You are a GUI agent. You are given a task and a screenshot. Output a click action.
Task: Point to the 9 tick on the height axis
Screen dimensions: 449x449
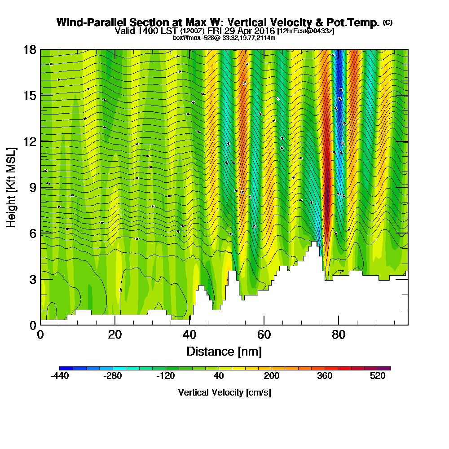pyautogui.click(x=40, y=187)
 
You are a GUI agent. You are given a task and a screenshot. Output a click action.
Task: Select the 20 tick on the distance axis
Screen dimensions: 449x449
pyautogui.click(x=115, y=325)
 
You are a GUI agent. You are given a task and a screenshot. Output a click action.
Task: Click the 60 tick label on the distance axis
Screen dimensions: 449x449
pyautogui.click(x=264, y=335)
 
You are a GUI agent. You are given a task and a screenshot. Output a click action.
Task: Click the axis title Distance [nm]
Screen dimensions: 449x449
pyautogui.click(x=224, y=351)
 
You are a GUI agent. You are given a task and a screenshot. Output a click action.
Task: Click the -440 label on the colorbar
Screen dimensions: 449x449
pyautogui.click(x=59, y=376)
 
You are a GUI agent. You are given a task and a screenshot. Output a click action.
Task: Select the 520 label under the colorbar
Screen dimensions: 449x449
pyautogui.click(x=378, y=376)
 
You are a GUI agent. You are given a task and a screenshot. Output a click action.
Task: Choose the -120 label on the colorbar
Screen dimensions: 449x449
pyautogui.click(x=165, y=376)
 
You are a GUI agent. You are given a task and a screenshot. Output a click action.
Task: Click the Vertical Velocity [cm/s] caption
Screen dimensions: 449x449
pyautogui.click(x=224, y=392)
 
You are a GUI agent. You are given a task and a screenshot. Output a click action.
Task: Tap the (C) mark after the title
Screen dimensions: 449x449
pyautogui.click(x=387, y=22)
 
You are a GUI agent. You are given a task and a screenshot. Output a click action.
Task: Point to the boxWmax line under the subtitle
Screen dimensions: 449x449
pyautogui.click(x=224, y=38)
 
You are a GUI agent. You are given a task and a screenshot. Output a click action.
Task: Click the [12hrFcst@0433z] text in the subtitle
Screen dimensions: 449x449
pyautogui.click(x=306, y=31)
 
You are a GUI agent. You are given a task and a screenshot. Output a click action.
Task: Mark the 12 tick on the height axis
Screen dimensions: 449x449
pyautogui.click(x=40, y=141)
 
